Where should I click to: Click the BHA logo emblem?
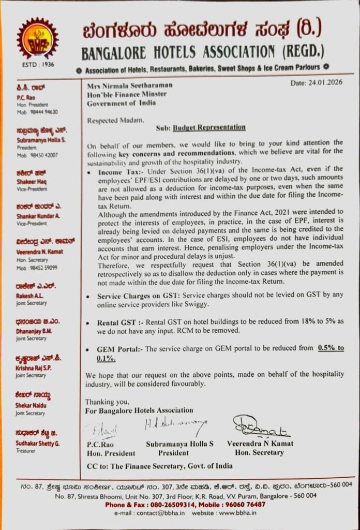click(38, 38)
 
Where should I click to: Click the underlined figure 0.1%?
click(106, 358)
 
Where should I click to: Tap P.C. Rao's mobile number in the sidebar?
click(44, 112)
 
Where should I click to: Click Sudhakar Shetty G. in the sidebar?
click(38, 444)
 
